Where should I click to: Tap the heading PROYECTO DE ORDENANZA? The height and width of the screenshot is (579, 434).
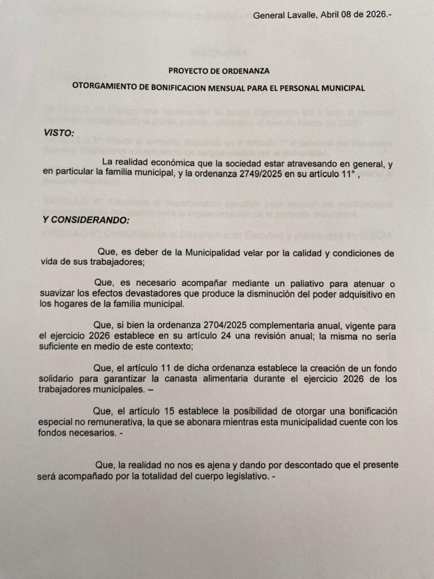[219, 71]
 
